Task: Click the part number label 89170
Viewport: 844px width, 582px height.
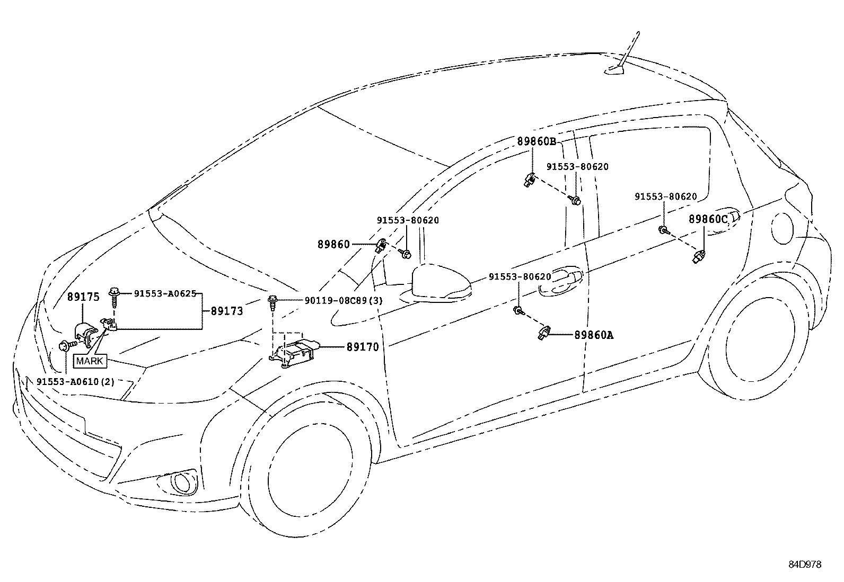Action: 363,347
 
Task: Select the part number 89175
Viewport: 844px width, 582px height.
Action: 83,297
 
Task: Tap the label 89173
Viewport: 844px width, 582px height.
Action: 227,311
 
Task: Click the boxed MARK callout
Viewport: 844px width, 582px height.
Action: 90,361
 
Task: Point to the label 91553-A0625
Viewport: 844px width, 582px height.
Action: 165,293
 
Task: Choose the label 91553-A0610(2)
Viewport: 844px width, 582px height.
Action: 76,382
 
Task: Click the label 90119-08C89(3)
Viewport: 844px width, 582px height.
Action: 344,301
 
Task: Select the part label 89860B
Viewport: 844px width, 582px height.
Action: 537,141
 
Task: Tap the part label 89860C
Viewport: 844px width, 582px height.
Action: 708,219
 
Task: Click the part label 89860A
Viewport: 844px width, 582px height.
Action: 593,335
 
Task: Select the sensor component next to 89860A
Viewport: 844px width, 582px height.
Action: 543,332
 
